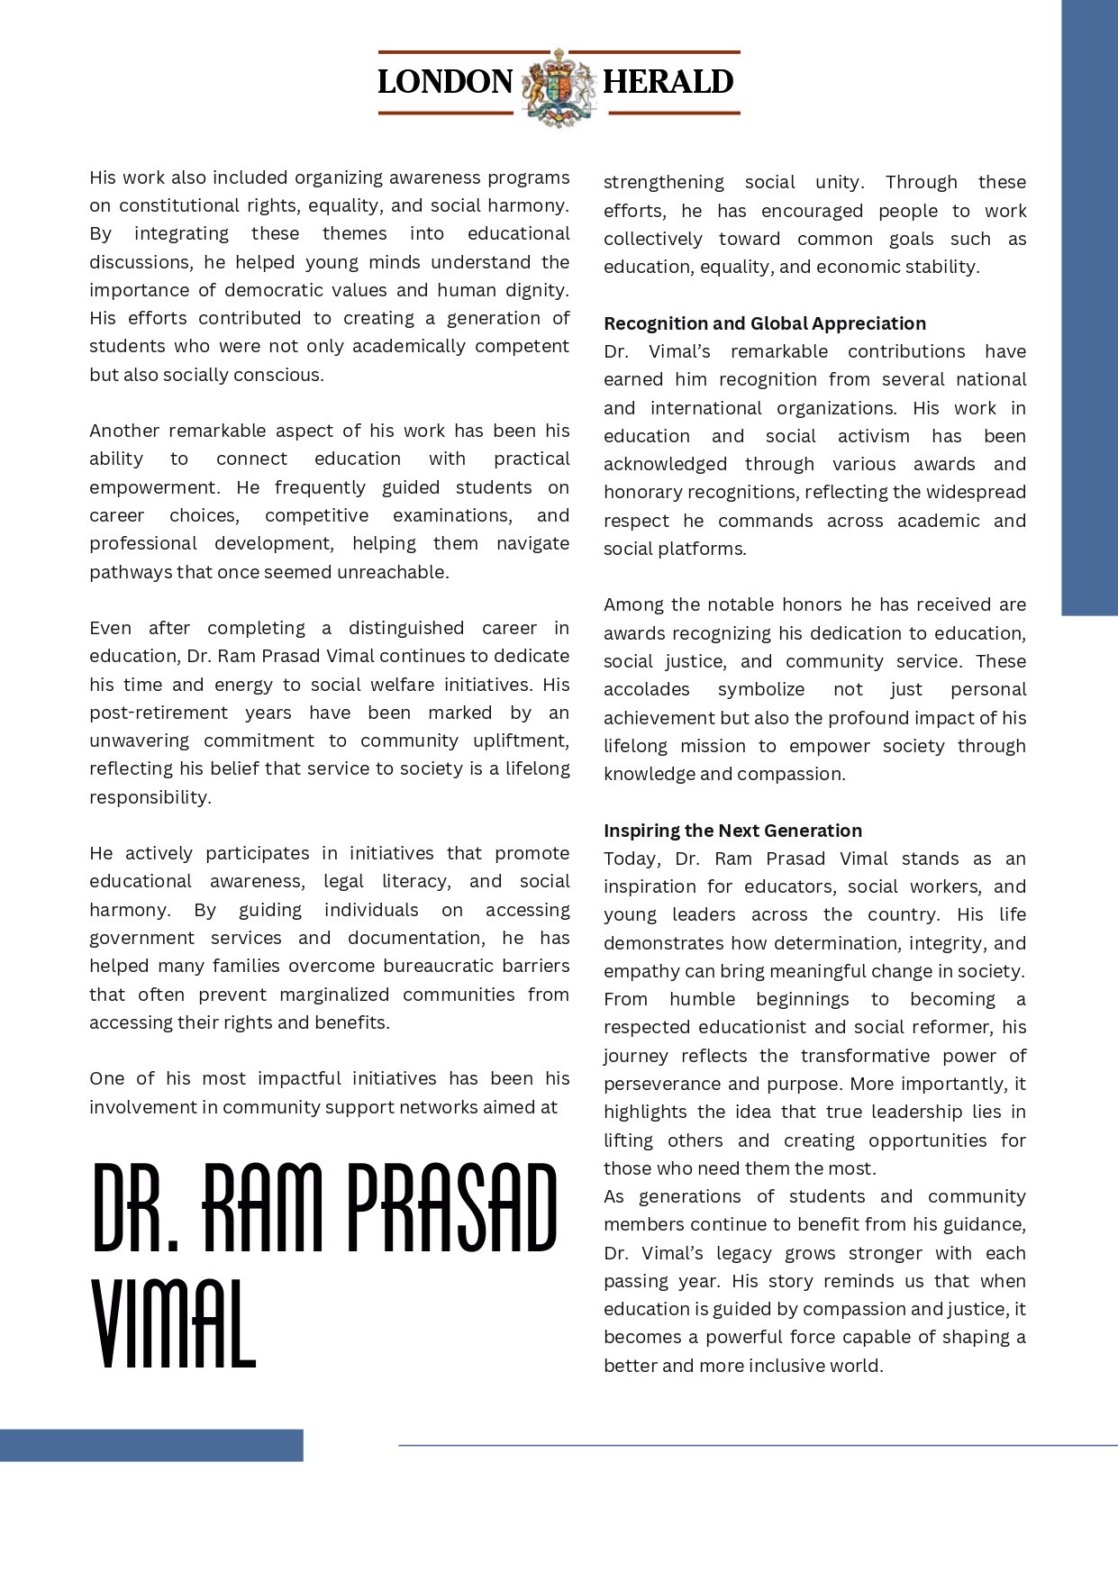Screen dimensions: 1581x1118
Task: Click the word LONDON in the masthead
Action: [x=445, y=82]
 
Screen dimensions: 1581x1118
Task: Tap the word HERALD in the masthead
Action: [x=668, y=82]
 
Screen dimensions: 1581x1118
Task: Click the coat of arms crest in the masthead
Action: [x=559, y=86]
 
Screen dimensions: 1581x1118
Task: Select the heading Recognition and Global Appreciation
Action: [x=765, y=323]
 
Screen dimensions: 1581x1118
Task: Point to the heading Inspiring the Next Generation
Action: [x=732, y=831]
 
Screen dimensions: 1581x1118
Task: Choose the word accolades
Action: [x=646, y=689]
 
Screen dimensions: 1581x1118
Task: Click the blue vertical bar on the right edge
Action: [x=1089, y=306]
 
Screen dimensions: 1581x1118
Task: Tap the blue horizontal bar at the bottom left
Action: [x=151, y=1445]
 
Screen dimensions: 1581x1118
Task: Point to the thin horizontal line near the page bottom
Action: [x=757, y=1446]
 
